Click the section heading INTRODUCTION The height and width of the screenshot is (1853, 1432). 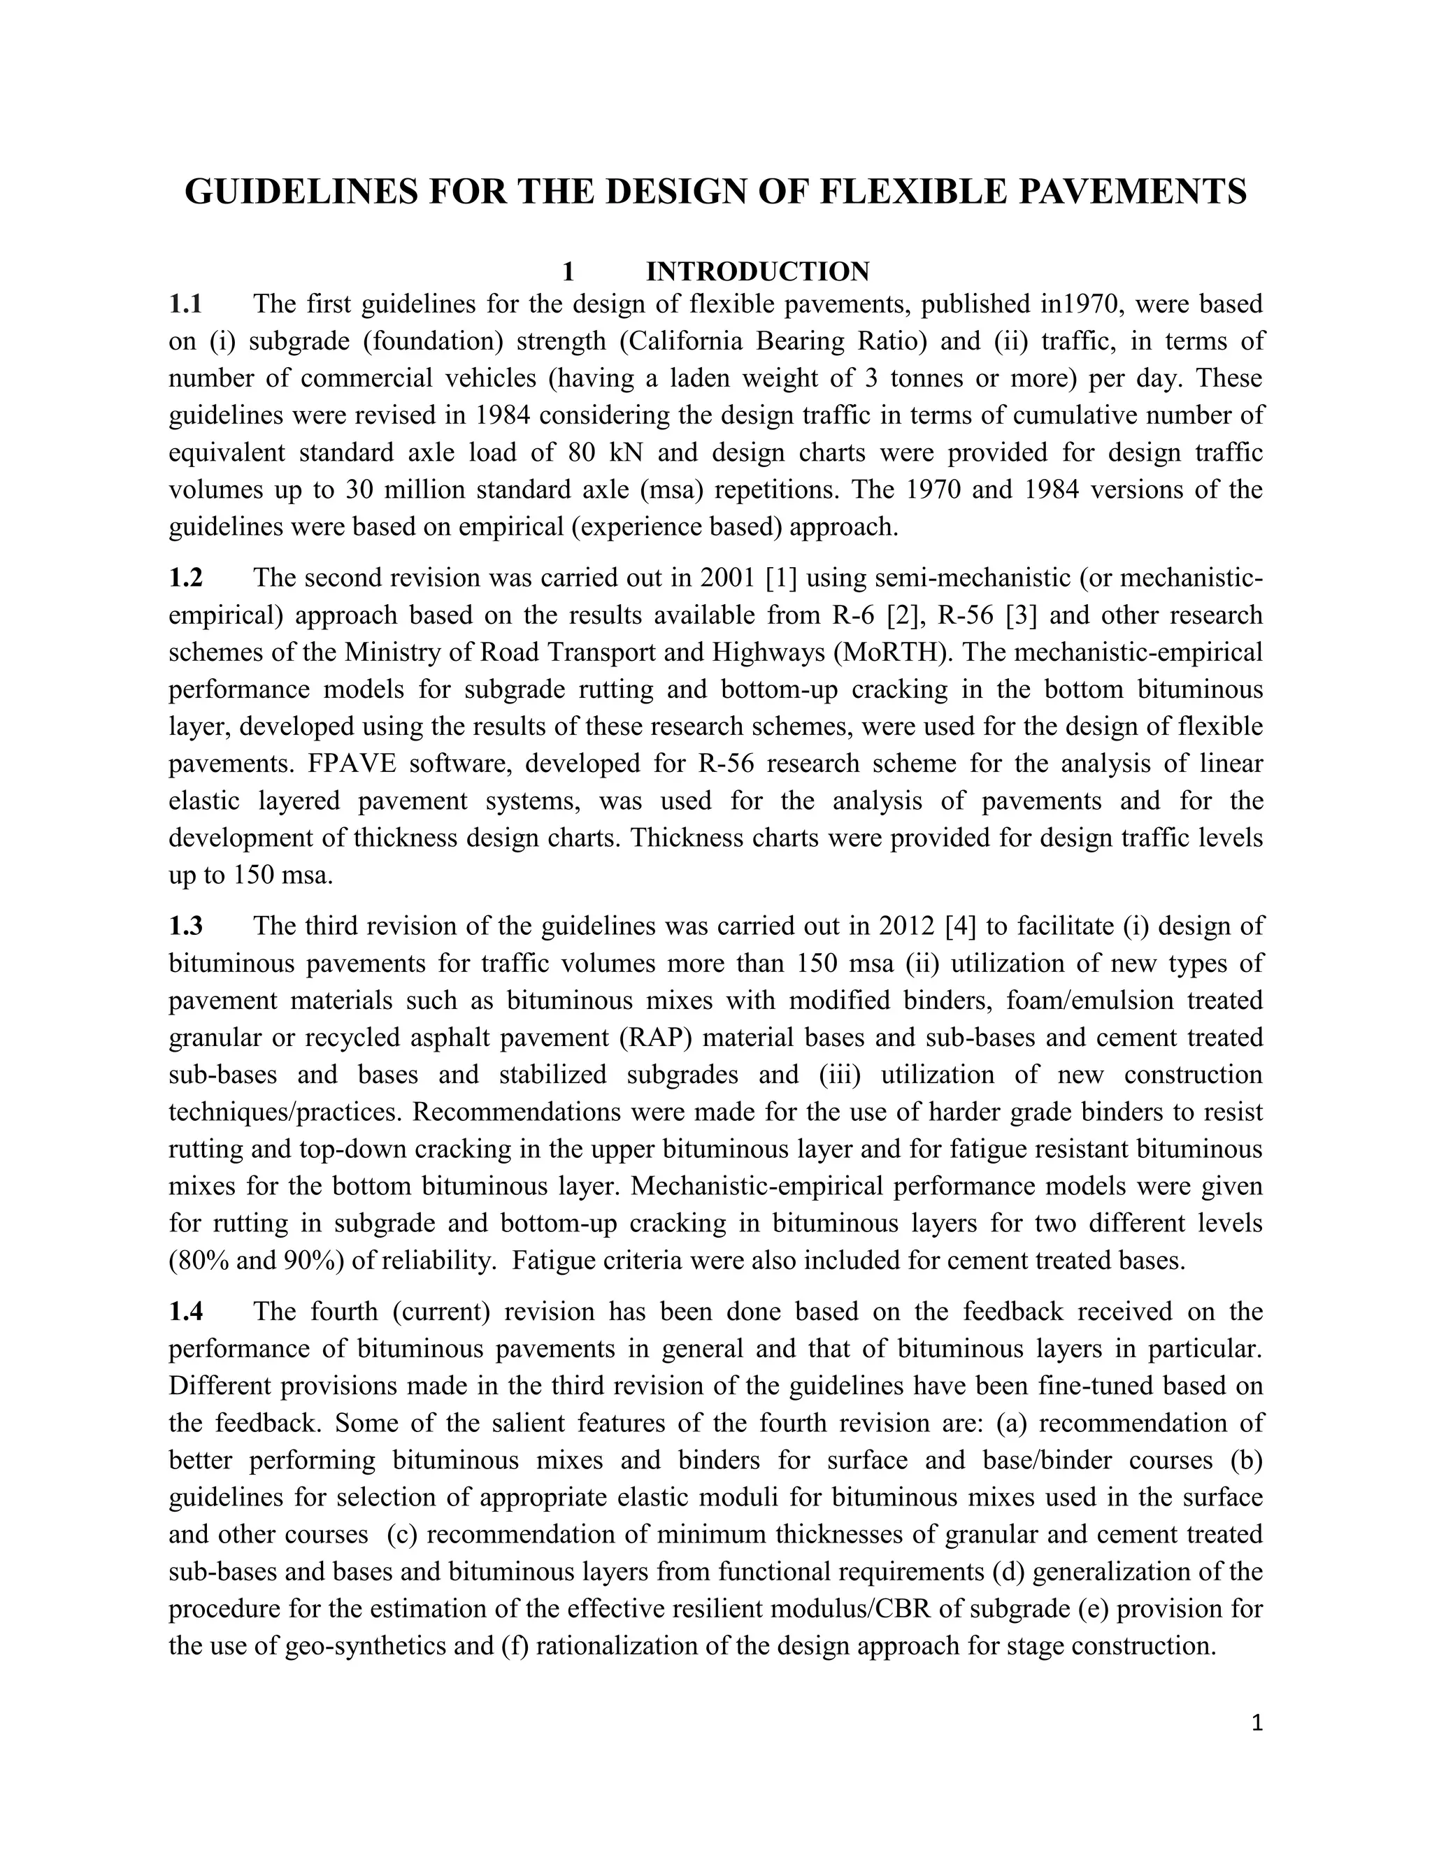757,271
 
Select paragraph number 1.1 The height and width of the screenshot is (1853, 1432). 186,303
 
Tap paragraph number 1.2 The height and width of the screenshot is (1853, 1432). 186,578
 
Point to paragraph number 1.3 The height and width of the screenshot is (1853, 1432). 186,926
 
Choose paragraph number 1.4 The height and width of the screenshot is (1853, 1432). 186,1312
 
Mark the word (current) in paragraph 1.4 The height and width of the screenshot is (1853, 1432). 442,1312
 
